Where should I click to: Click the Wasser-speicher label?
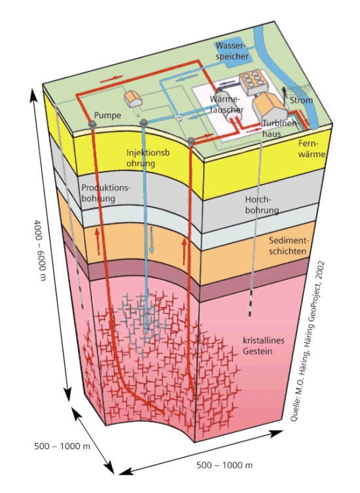[x=232, y=51]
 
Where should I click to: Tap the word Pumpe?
[x=107, y=115]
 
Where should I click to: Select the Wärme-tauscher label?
[x=226, y=104]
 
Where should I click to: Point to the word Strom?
[x=301, y=100]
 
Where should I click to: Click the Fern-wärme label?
[x=312, y=149]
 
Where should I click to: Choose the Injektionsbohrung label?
[x=148, y=158]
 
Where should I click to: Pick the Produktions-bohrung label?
[x=105, y=193]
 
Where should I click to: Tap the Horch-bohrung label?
[x=262, y=205]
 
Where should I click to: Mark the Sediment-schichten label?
[x=287, y=246]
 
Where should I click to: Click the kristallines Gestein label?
[x=263, y=346]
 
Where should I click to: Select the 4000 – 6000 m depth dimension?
[x=40, y=250]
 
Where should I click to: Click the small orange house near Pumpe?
[x=134, y=98]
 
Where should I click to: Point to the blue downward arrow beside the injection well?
[x=152, y=240]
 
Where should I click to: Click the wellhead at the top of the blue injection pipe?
[x=144, y=122]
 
